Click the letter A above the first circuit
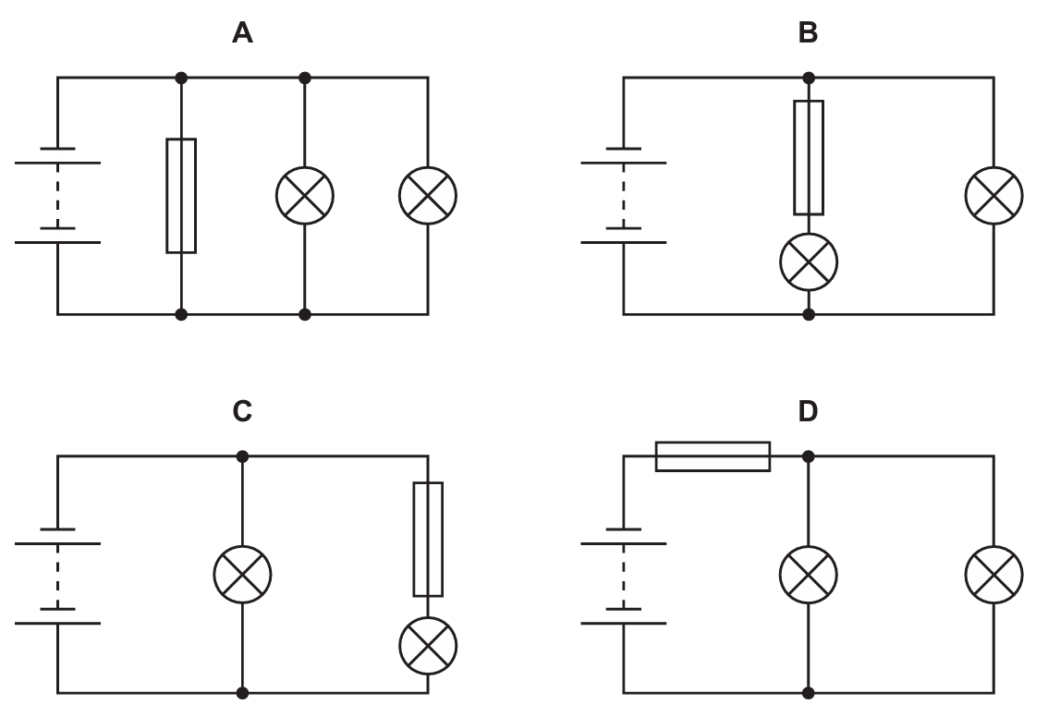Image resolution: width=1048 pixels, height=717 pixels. pos(242,34)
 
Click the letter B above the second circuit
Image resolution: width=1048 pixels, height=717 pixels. pos(808,34)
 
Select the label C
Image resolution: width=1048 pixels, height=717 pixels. pos(242,411)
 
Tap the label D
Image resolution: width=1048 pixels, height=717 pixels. pos(808,411)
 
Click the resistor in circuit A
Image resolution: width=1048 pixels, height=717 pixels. pos(181,195)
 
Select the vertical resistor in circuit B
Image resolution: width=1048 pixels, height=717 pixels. pos(809,157)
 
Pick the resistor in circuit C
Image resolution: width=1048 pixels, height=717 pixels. pos(428,539)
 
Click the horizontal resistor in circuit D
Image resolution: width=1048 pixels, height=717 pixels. pos(713,456)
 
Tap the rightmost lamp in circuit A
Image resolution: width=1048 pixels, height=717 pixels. pos(428,195)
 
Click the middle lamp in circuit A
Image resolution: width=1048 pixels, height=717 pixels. pos(305,195)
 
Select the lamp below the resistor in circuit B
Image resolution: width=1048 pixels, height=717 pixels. pos(809,261)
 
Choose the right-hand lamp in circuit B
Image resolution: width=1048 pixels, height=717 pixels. pos(993,195)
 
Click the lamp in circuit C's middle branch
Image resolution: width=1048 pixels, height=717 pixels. pos(242,574)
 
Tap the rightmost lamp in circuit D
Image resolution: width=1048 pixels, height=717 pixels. pos(993,574)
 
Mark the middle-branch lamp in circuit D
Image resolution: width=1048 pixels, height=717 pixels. pos(809,574)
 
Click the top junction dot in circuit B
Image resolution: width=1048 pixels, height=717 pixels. pos(809,78)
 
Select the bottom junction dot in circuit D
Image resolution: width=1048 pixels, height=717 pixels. pos(809,692)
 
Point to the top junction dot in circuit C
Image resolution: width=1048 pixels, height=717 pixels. pos(242,456)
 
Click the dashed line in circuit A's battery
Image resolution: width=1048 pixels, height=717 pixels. pos(57,195)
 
